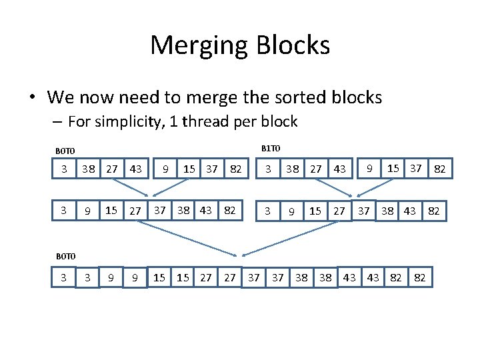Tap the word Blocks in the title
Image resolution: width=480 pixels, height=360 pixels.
click(x=294, y=45)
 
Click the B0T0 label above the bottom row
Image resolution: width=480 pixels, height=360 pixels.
click(x=65, y=256)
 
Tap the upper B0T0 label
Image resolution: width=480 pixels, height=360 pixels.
click(x=65, y=151)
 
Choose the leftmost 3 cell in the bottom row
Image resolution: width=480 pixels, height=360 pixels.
click(x=64, y=277)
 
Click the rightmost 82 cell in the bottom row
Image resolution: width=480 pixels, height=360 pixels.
click(x=420, y=277)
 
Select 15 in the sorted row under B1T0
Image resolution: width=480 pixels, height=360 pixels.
click(x=315, y=211)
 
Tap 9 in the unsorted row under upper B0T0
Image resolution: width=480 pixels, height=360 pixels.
click(x=165, y=169)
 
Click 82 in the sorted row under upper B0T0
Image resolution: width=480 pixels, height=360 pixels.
click(x=230, y=211)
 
